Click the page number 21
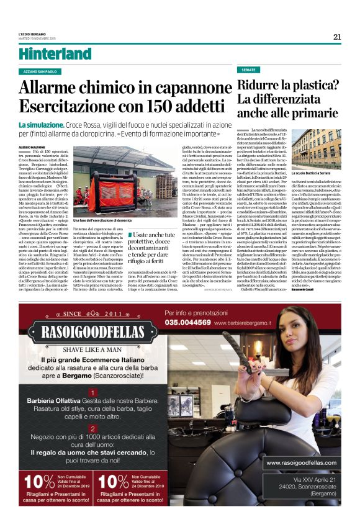pyautogui.click(x=337, y=36)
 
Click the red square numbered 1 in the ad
pyautogui.click(x=92, y=392)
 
